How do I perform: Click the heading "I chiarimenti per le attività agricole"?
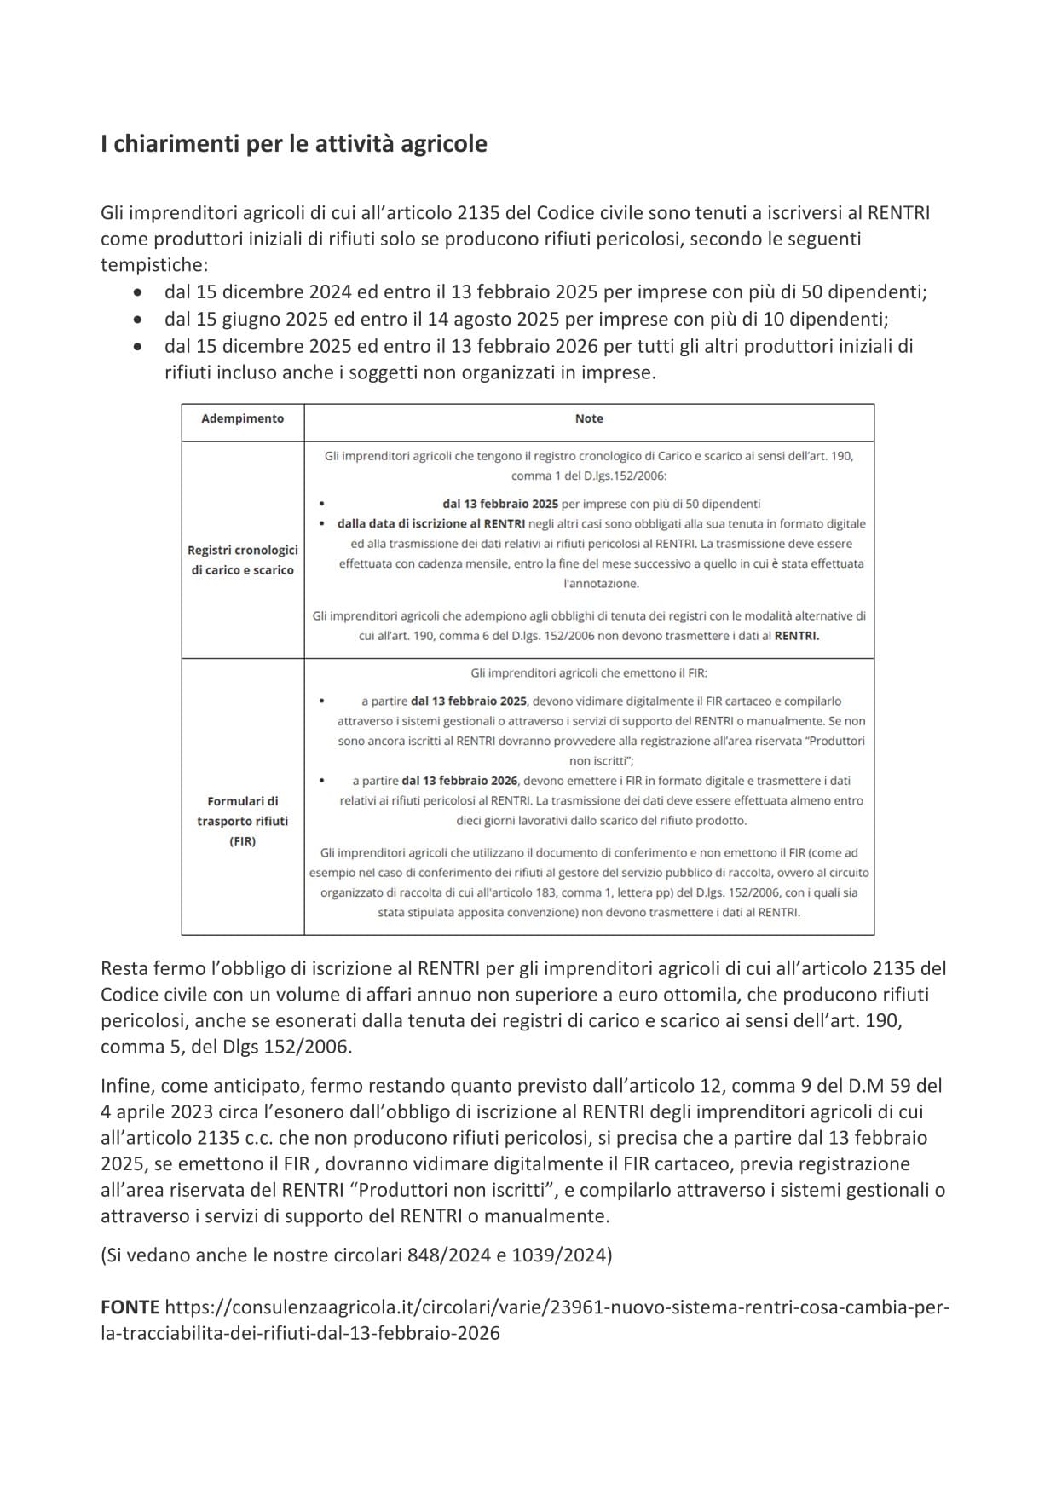pos(293,144)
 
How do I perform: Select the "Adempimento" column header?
pos(242,418)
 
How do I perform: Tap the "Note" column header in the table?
pos(589,418)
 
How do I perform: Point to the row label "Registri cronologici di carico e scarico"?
pos(242,560)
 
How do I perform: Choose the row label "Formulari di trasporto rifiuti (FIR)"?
pos(242,821)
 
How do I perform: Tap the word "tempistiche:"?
pos(154,265)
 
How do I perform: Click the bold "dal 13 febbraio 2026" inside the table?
pos(459,781)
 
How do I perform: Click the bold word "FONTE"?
pos(130,1307)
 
